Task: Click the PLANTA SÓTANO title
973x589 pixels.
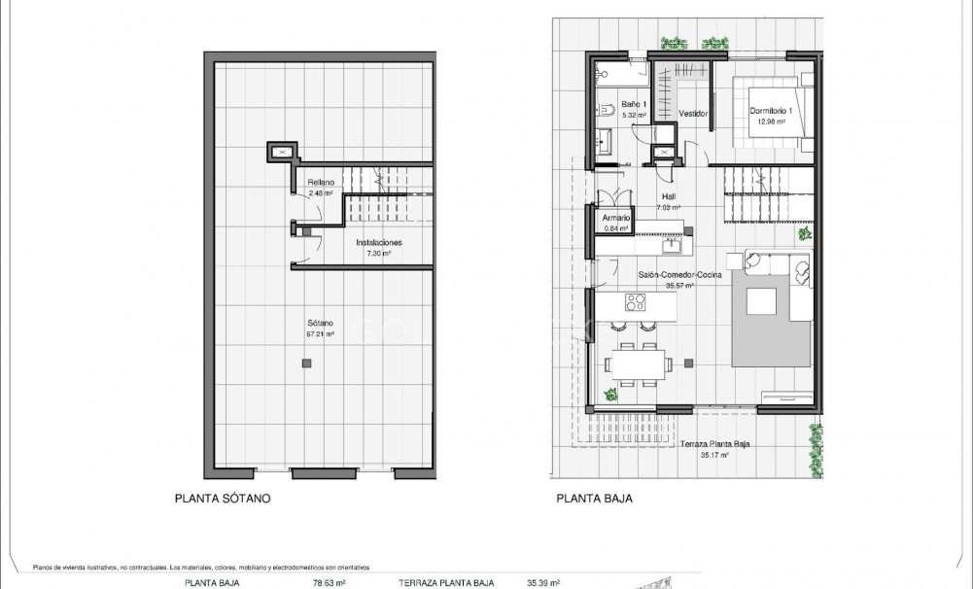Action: click(221, 499)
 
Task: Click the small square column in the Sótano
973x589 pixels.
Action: click(307, 363)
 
